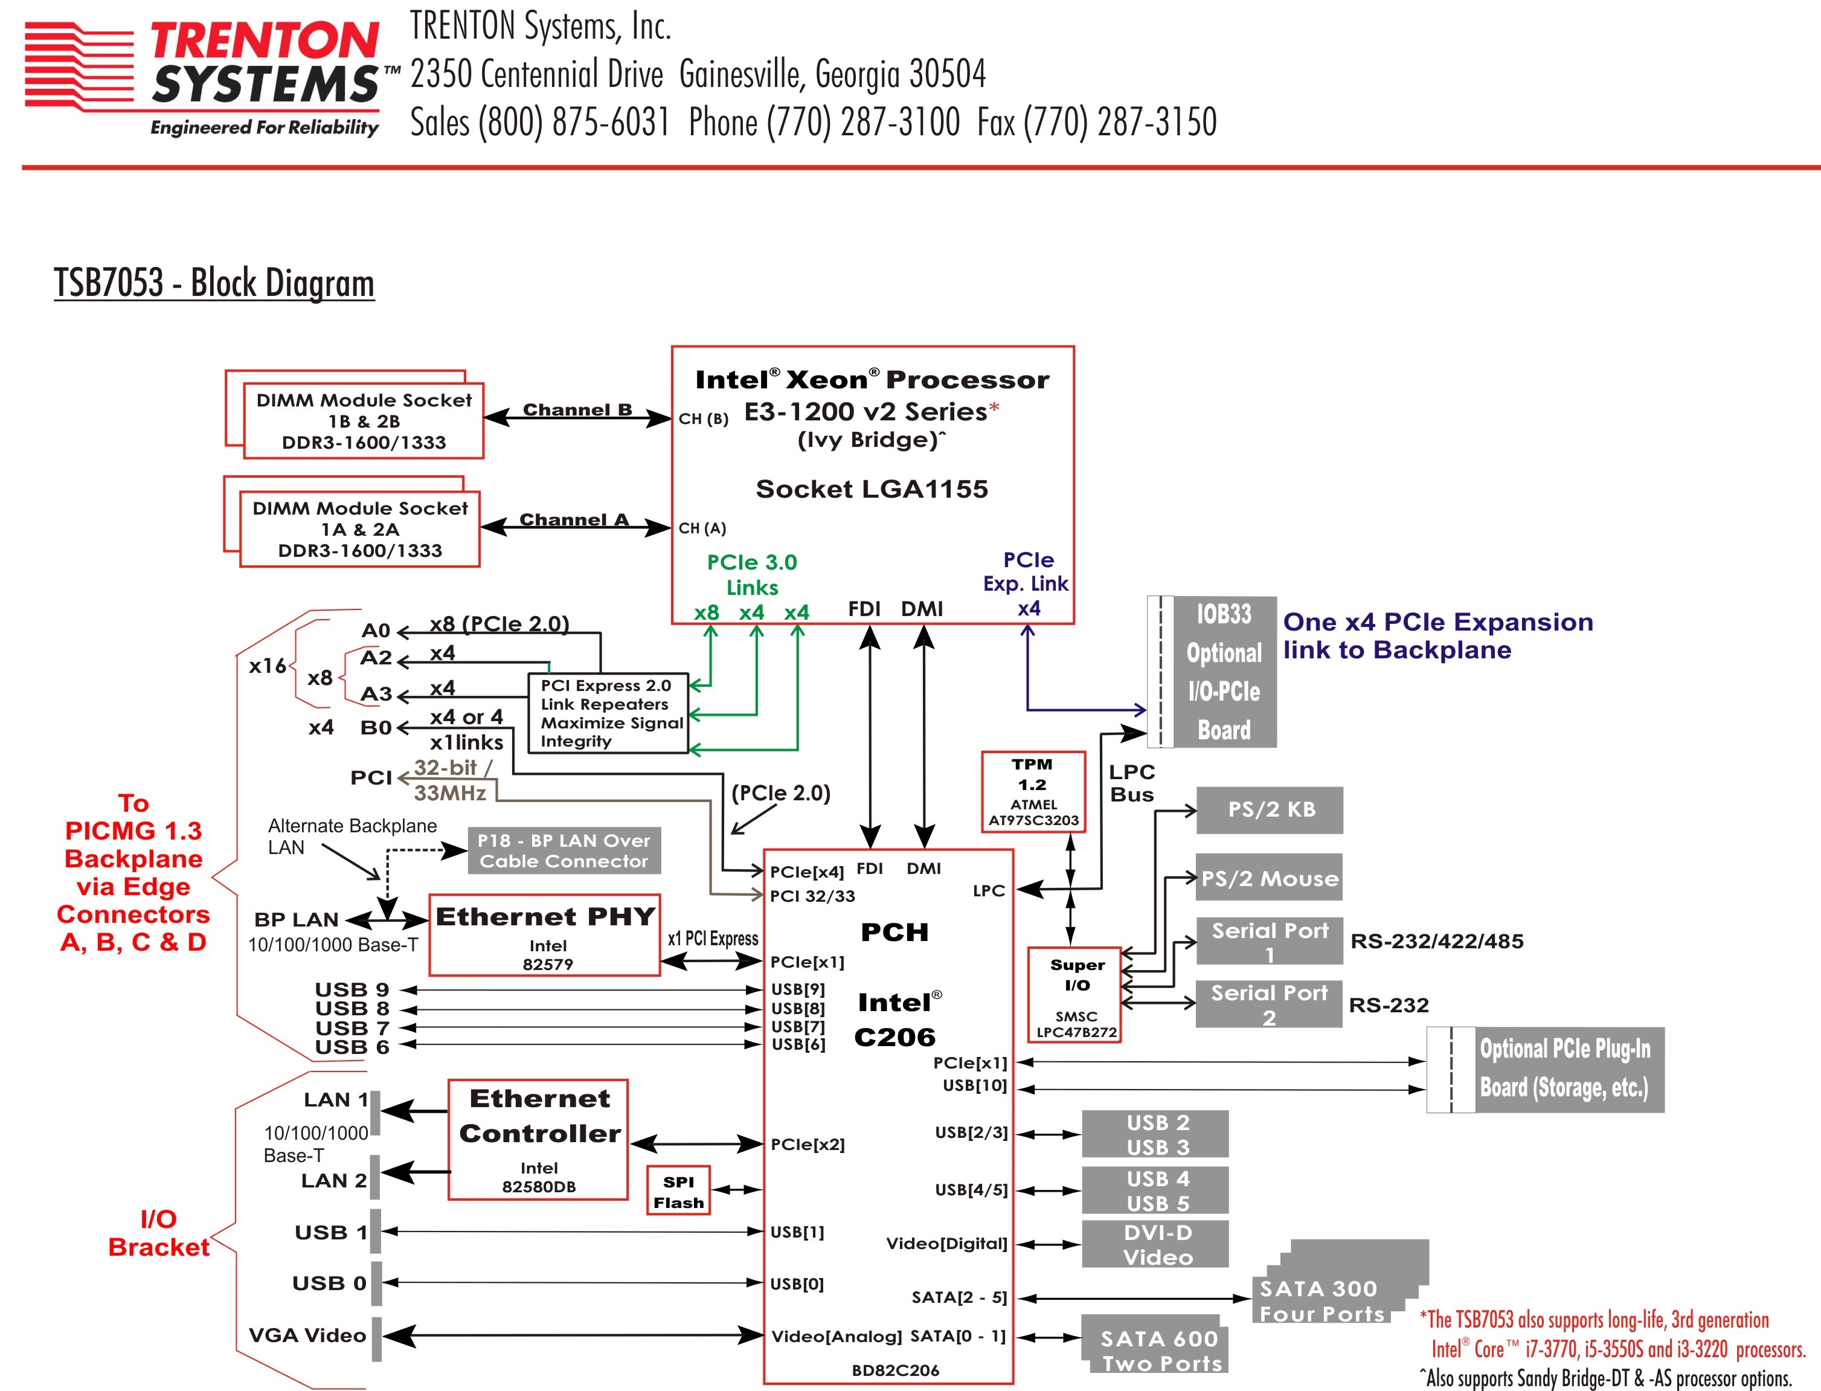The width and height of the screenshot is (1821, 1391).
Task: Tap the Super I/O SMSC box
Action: (1075, 994)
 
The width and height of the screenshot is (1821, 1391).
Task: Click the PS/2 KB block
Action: (1270, 810)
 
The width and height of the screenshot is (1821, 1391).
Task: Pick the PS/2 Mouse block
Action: (1269, 878)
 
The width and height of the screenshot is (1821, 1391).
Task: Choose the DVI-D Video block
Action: (1155, 1244)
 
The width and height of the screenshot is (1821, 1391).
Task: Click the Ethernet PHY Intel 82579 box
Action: (545, 936)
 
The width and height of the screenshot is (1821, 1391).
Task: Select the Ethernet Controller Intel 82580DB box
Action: (538, 1139)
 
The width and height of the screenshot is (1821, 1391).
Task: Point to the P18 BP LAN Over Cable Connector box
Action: (564, 850)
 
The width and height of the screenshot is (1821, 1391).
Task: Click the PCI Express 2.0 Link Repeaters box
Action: (608, 713)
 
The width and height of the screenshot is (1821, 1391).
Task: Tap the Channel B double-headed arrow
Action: (577, 418)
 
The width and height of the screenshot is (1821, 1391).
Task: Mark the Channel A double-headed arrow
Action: (575, 527)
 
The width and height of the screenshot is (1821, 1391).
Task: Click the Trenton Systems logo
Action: (203, 77)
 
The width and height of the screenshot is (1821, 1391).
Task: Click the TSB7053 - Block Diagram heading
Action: (214, 283)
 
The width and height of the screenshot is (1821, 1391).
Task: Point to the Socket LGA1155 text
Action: (872, 489)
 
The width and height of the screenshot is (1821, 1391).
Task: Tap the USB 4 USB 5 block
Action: (1155, 1190)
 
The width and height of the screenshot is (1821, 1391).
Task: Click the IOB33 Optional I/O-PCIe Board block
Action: (1224, 672)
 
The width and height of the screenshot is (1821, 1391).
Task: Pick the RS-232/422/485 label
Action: (1436, 942)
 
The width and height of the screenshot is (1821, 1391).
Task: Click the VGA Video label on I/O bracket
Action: (307, 1335)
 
